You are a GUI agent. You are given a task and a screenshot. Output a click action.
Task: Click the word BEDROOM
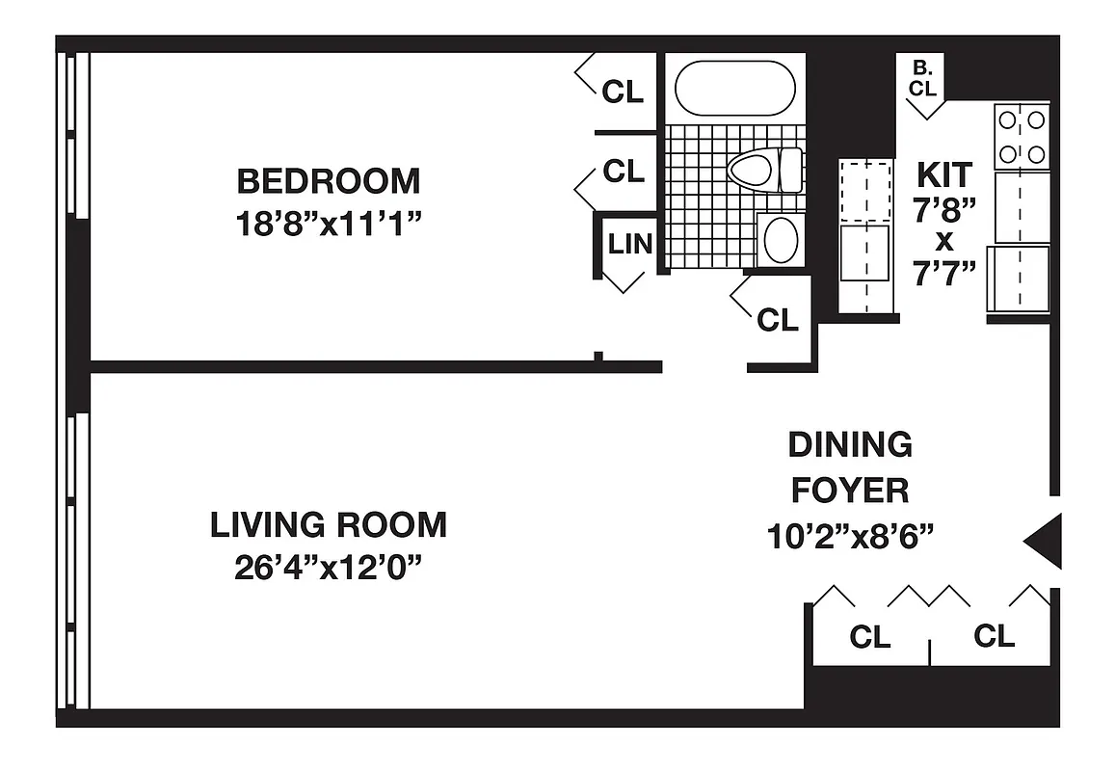coord(329,181)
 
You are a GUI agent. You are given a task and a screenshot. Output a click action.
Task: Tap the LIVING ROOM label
coord(329,525)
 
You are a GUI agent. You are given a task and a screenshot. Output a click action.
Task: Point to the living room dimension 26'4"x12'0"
coord(329,568)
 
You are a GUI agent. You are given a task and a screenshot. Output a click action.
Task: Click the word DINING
coord(850,445)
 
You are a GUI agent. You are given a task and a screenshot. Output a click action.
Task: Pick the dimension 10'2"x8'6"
coord(850,536)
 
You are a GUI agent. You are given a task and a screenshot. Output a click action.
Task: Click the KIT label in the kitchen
coord(944,175)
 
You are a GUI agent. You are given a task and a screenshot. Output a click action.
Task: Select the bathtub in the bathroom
coord(734,90)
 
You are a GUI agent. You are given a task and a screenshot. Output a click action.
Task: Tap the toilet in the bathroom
coord(764,171)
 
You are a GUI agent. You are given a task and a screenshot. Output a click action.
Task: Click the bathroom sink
coord(780,238)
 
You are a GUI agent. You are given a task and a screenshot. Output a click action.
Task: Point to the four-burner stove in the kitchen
coord(1022,137)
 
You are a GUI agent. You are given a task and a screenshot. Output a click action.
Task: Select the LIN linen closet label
coord(629,244)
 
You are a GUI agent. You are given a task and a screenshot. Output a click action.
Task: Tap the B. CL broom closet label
coord(923,79)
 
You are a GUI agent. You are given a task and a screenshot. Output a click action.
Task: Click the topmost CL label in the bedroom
coord(623,92)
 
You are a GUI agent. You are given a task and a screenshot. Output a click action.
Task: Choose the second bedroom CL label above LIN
coord(623,172)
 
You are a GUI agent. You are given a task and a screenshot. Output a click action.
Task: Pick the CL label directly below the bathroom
coord(778,320)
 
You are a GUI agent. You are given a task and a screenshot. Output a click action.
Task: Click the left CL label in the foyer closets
coord(869,637)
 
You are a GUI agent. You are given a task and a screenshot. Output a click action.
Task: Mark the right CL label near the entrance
coord(995,637)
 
